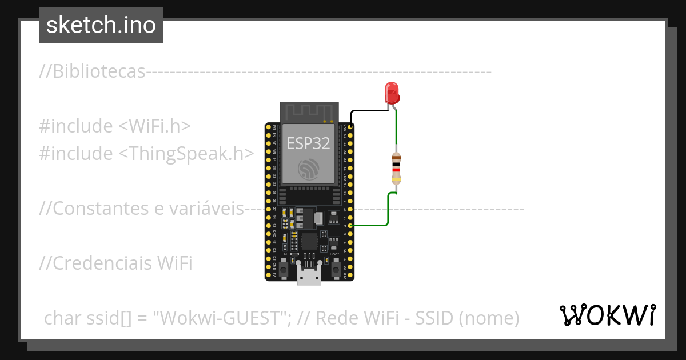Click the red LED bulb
[x=392, y=93]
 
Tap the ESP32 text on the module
[x=308, y=143]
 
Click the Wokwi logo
[x=607, y=315]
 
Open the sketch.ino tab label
[x=101, y=25]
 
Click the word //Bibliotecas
[x=92, y=72]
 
